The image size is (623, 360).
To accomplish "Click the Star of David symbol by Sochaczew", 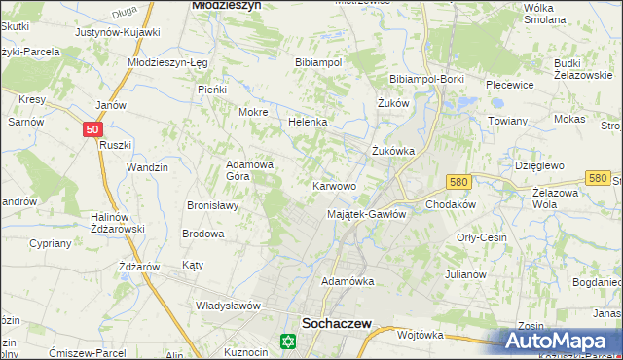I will [x=286, y=342].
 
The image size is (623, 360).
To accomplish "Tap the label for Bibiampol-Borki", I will [x=425, y=78].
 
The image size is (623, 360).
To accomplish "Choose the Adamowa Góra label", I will [x=250, y=171].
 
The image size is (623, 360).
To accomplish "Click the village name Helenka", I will [x=308, y=123].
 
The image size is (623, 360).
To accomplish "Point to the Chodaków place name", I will [x=450, y=204].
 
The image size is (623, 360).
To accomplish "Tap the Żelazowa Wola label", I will [x=560, y=198].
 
